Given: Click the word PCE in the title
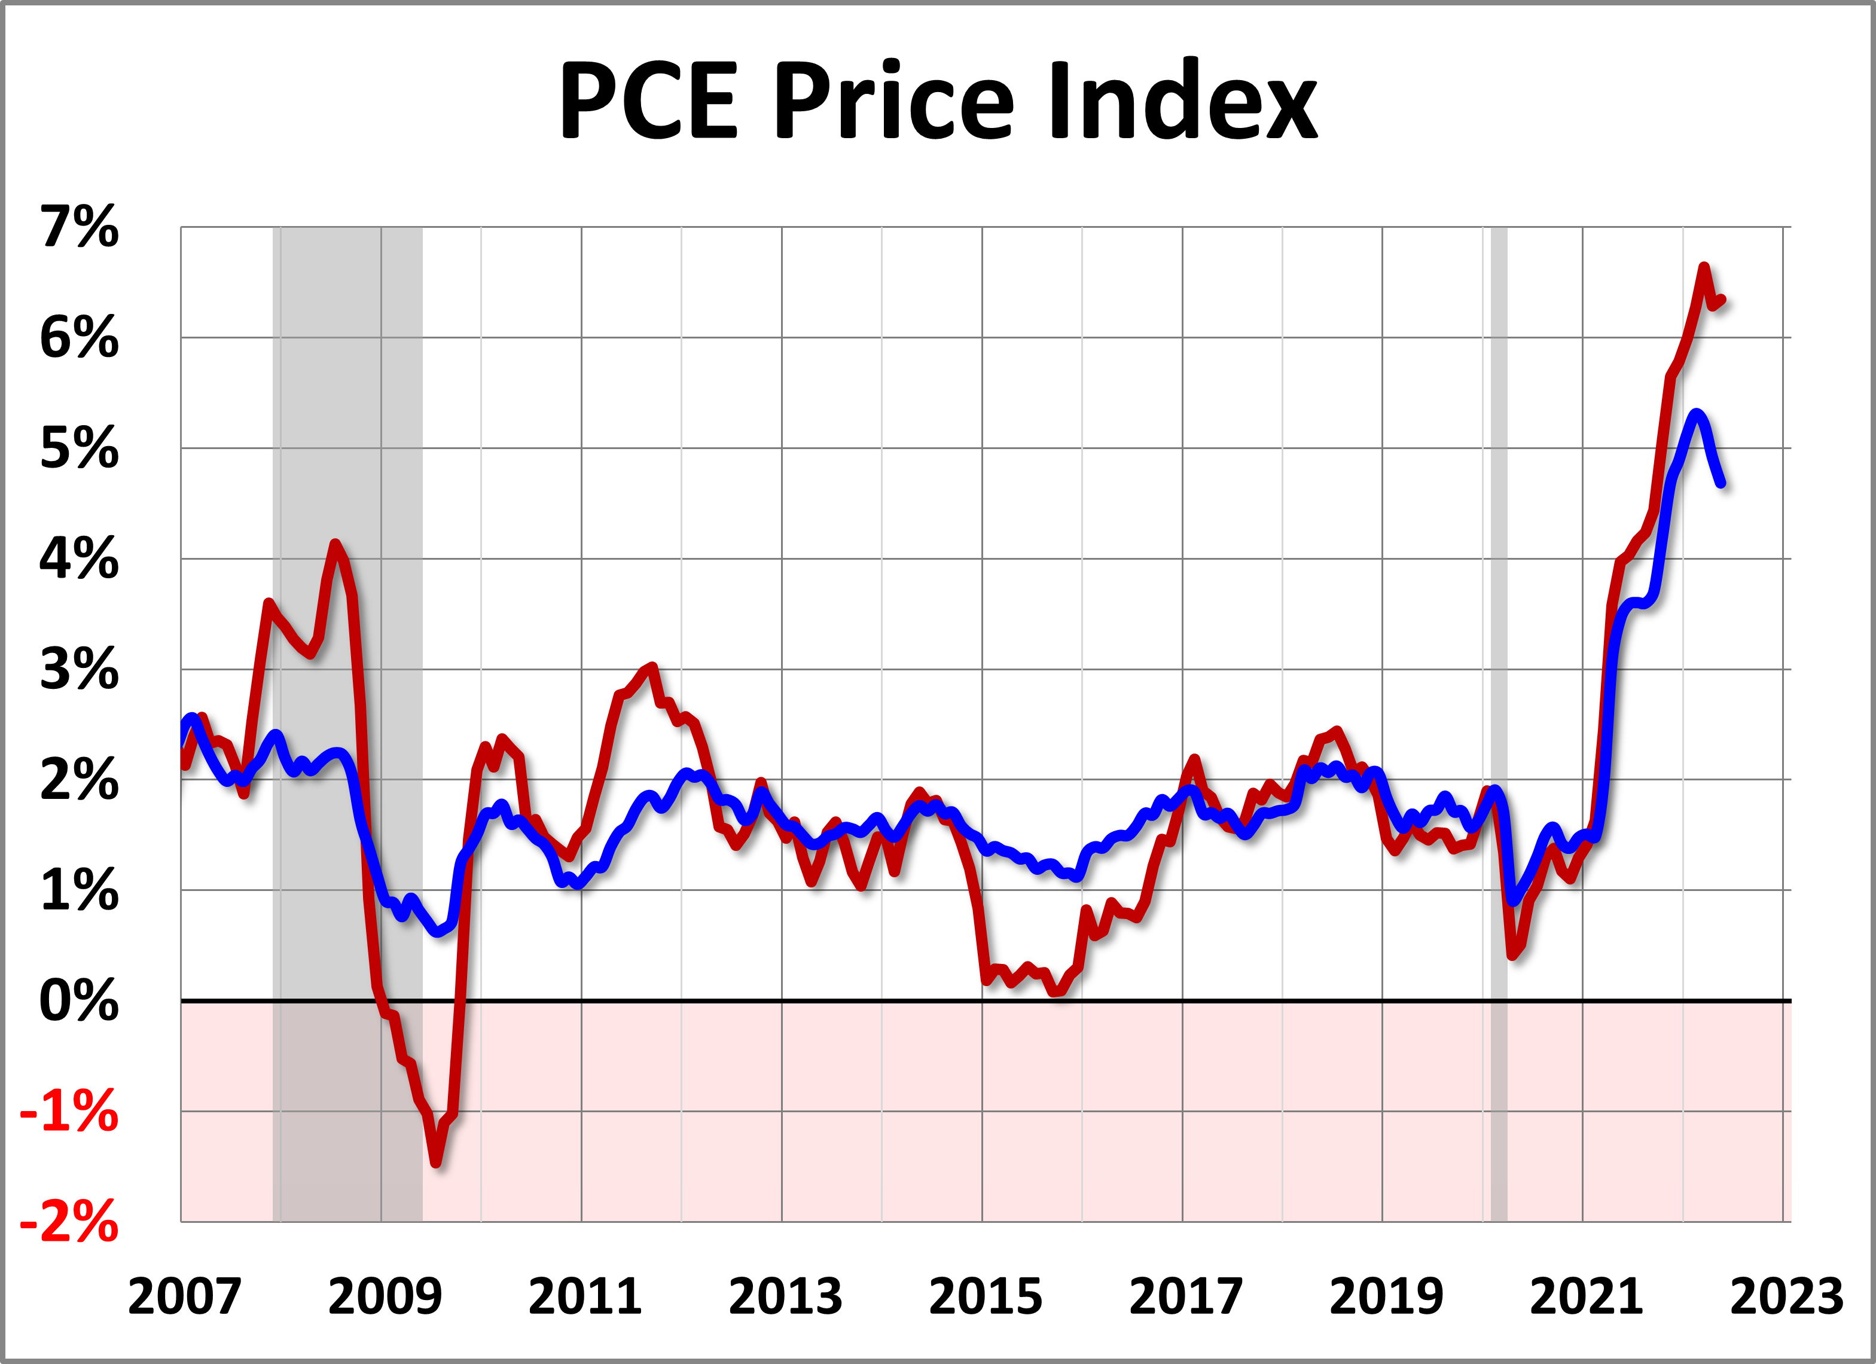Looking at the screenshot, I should click(x=648, y=101).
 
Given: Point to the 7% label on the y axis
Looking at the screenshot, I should click(x=80, y=227).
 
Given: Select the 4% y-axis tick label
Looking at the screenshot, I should click(x=80, y=559).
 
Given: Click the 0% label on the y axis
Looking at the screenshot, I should click(x=80, y=1001).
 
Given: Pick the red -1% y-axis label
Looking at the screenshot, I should click(x=69, y=1112).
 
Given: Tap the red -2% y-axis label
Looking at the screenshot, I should click(x=69, y=1222).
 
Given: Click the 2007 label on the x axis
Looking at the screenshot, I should click(x=184, y=1296).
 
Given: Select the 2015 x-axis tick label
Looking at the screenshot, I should click(x=985, y=1296).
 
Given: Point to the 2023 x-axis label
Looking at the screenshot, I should click(x=1787, y=1296).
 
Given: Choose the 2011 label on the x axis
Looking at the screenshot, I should click(x=585, y=1296).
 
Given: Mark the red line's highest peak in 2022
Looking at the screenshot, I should click(x=1703, y=267).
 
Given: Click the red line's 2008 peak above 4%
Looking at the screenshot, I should click(x=335, y=544).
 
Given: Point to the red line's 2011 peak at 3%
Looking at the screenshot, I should click(x=652, y=667).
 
